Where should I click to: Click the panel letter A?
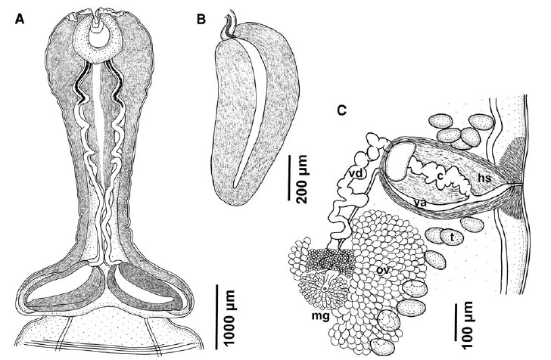point(20,20)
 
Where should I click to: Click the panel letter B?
point(201,20)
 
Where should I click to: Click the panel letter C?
point(341,110)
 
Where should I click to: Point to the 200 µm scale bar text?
point(301,179)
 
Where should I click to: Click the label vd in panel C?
point(356,172)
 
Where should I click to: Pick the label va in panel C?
point(419,203)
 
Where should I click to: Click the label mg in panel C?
point(320,317)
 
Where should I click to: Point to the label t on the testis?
point(453,238)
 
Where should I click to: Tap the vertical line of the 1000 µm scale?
point(216,317)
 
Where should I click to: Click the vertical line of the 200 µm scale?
point(290,178)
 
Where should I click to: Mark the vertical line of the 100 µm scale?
point(456,322)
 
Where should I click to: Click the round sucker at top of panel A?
point(98,42)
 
